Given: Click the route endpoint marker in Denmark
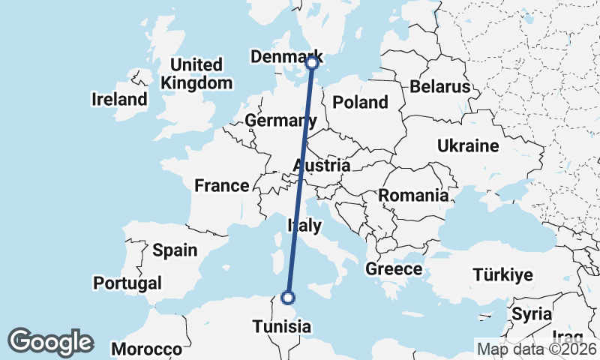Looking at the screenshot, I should click(313, 64).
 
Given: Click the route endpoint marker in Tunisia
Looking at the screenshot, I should click(287, 298).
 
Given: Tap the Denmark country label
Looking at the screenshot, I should click(286, 57).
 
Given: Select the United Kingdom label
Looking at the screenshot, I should click(196, 73).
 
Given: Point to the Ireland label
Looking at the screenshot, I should click(119, 99).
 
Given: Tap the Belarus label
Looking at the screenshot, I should click(439, 87).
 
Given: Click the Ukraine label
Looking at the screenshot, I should click(468, 145).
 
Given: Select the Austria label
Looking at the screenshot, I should click(322, 165).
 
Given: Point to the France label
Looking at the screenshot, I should click(221, 186).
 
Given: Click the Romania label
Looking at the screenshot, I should click(413, 196).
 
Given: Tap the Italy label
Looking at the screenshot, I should click(304, 226).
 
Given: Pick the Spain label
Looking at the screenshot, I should click(174, 250).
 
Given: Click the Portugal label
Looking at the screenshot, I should click(127, 283).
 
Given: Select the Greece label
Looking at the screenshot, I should click(394, 269).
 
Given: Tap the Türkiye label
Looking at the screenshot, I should click(502, 275).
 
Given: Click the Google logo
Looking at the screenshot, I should click(50, 342).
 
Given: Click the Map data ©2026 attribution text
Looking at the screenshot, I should click(536, 348).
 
